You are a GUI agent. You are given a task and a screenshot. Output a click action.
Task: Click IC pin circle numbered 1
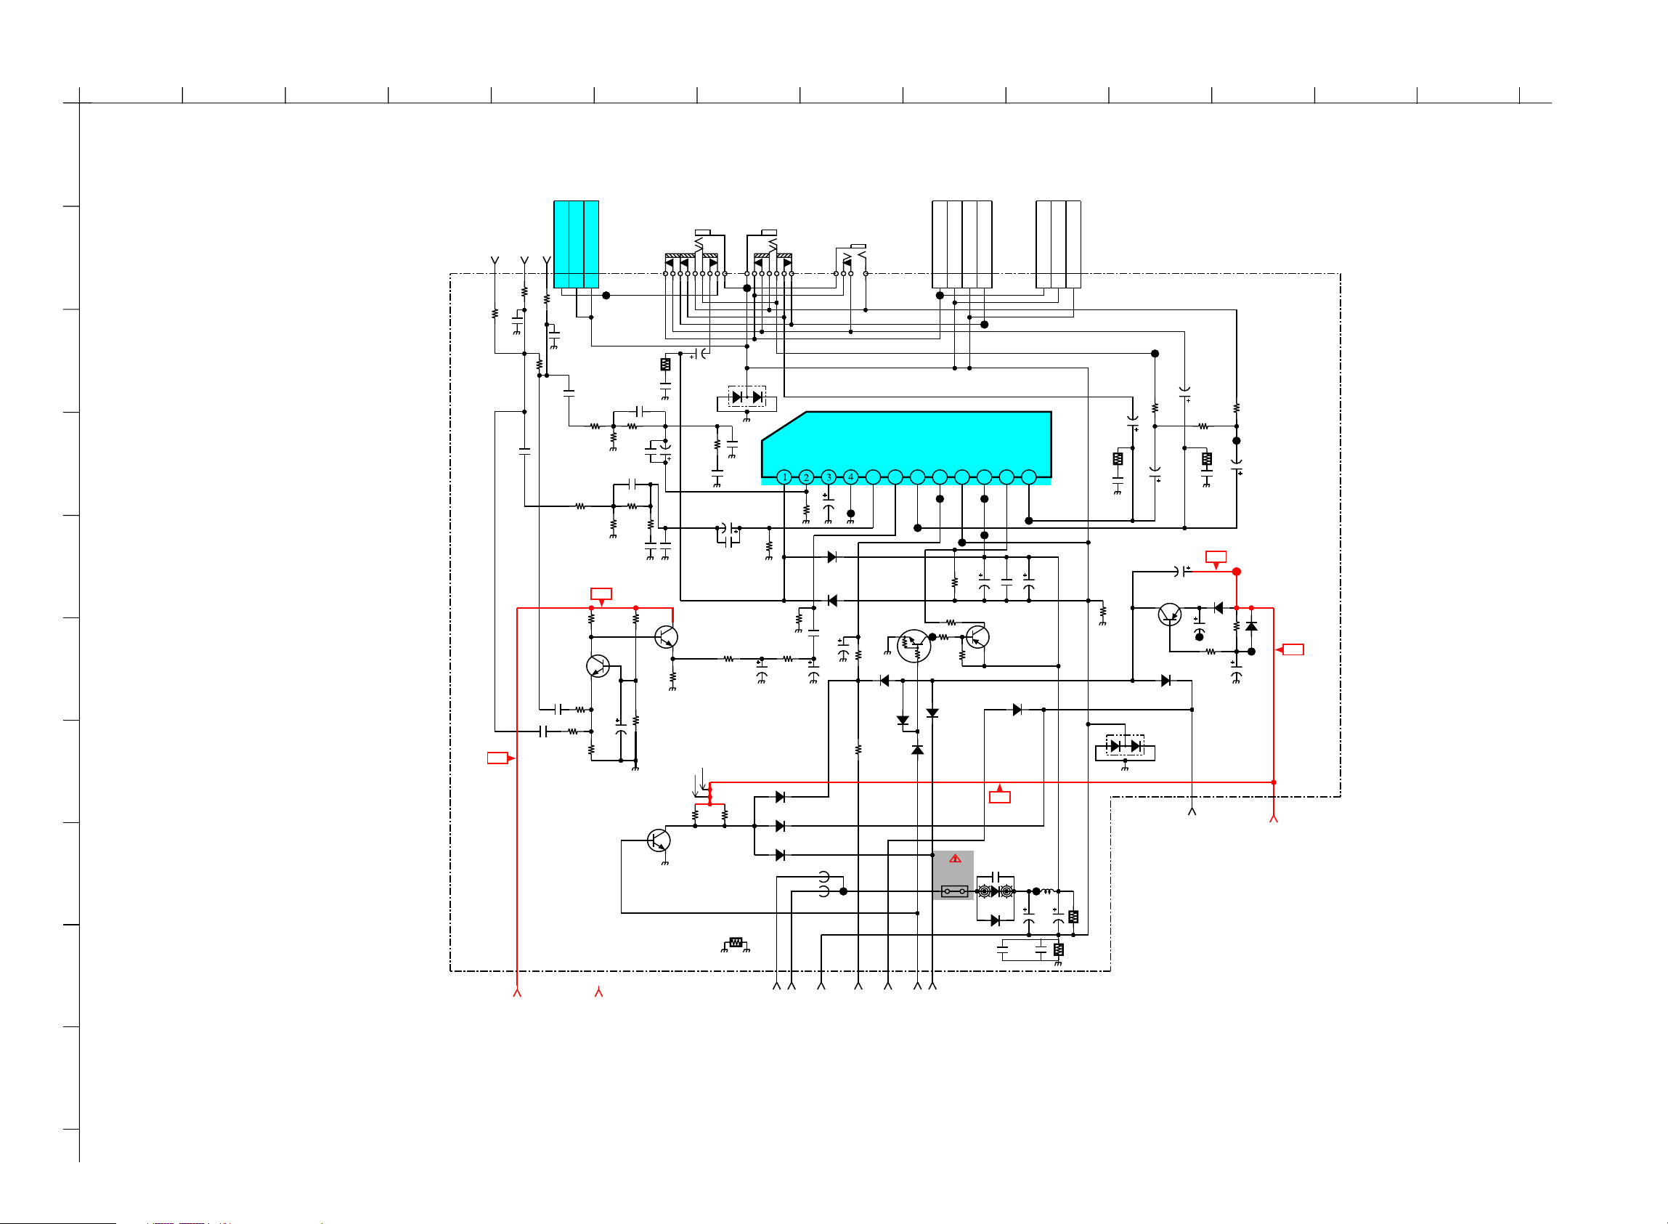tap(784, 477)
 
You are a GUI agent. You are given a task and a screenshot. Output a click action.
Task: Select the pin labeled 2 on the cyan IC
tap(807, 477)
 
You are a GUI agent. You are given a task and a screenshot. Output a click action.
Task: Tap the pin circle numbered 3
tap(829, 477)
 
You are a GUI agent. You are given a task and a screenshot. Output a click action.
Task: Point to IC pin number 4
tap(851, 477)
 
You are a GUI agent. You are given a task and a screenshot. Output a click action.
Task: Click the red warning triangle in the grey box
tap(956, 859)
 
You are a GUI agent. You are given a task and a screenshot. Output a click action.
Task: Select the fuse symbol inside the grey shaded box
tap(954, 891)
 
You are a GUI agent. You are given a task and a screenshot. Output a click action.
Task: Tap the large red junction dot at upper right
tap(1236, 572)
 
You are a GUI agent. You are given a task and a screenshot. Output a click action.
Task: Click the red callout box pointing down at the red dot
tap(1216, 557)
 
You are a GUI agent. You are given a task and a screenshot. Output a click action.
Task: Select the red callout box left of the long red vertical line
tap(497, 758)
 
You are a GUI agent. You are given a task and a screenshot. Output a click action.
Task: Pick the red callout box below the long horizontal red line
tap(1000, 797)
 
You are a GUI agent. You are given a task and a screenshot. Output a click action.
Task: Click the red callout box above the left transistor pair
tap(601, 593)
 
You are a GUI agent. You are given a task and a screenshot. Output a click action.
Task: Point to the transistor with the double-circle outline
tap(914, 645)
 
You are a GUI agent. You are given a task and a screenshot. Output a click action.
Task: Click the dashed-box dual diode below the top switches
tap(746, 397)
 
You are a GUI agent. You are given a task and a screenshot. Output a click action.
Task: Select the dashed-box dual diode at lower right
tap(1125, 745)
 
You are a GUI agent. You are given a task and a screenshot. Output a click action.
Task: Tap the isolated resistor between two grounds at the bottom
tap(736, 942)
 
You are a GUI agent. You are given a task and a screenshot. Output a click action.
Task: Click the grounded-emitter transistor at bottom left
tap(659, 840)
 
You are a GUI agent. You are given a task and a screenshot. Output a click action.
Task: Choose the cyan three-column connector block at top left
tap(577, 245)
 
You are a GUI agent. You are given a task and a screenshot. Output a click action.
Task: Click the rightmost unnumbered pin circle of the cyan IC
tap(1029, 477)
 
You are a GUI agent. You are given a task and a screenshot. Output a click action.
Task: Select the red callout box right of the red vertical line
tap(1293, 650)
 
